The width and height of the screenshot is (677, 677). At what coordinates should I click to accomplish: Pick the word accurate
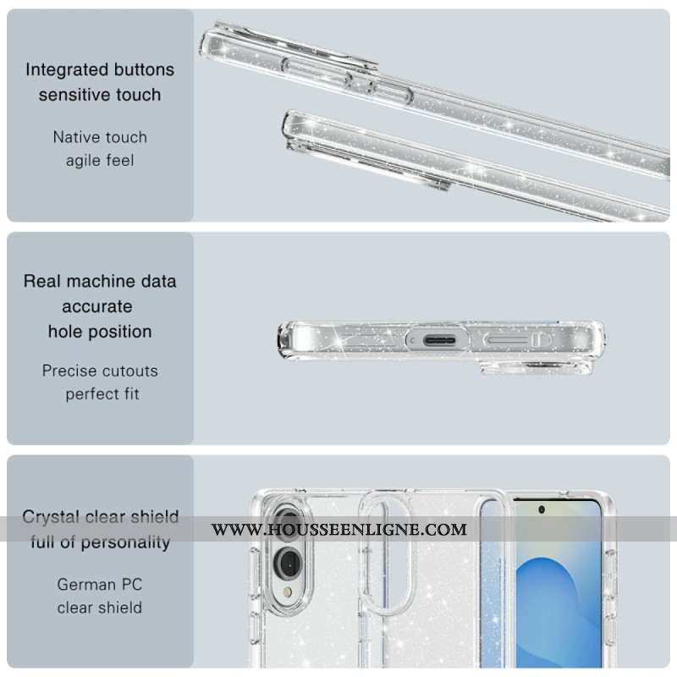96,306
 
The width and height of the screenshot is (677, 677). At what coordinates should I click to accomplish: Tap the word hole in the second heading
64,332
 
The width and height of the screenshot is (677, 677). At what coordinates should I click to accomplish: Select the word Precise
69,371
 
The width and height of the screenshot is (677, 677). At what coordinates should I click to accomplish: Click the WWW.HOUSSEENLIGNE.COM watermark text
338,530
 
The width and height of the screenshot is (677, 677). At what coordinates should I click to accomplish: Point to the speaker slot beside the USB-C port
513,340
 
